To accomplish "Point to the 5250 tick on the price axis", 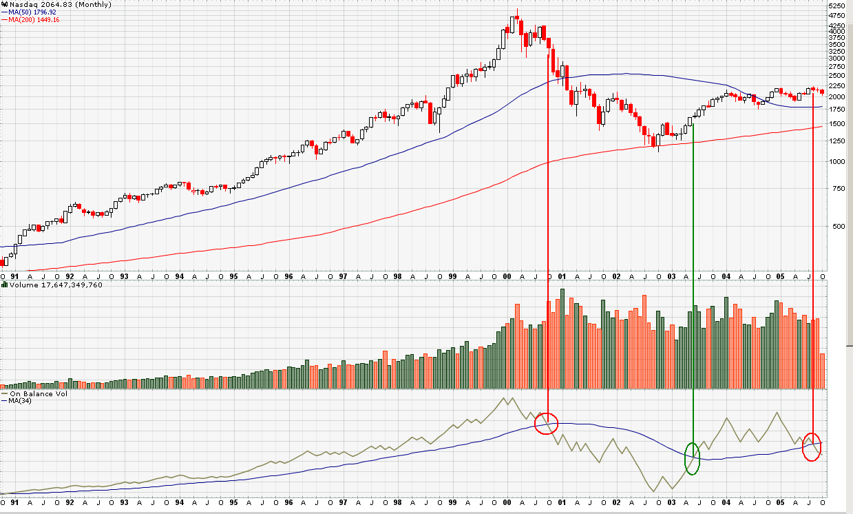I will click(838, 5).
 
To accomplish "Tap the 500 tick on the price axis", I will click(835, 226).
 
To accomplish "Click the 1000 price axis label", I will click(837, 161).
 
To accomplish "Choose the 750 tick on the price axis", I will click(835, 188).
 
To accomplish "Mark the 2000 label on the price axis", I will click(837, 96).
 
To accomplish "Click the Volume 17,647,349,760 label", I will click(55, 285).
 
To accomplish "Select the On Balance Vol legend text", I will click(38, 394).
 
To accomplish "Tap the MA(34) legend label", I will click(21, 401).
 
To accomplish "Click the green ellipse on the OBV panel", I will click(693, 458).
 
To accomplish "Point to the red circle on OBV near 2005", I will click(813, 446).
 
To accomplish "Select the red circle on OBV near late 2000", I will click(547, 422).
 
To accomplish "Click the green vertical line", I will click(693, 276).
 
